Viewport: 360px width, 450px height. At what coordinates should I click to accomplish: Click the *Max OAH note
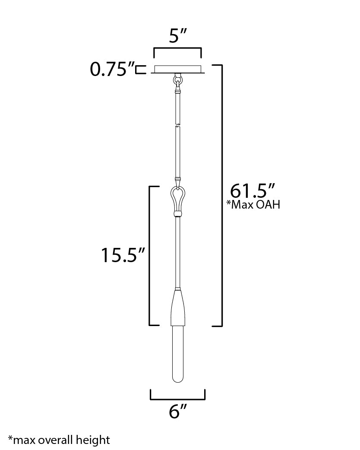[253, 205]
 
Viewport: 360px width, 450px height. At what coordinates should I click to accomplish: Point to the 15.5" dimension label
[122, 256]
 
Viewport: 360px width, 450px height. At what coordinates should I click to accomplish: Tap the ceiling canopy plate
[177, 70]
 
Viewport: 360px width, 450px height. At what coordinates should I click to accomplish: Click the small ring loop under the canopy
[177, 80]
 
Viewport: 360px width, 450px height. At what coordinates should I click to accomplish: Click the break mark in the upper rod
[177, 126]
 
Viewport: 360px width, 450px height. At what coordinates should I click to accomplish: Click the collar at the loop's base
[177, 212]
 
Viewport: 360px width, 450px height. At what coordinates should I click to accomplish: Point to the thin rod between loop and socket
[177, 250]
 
